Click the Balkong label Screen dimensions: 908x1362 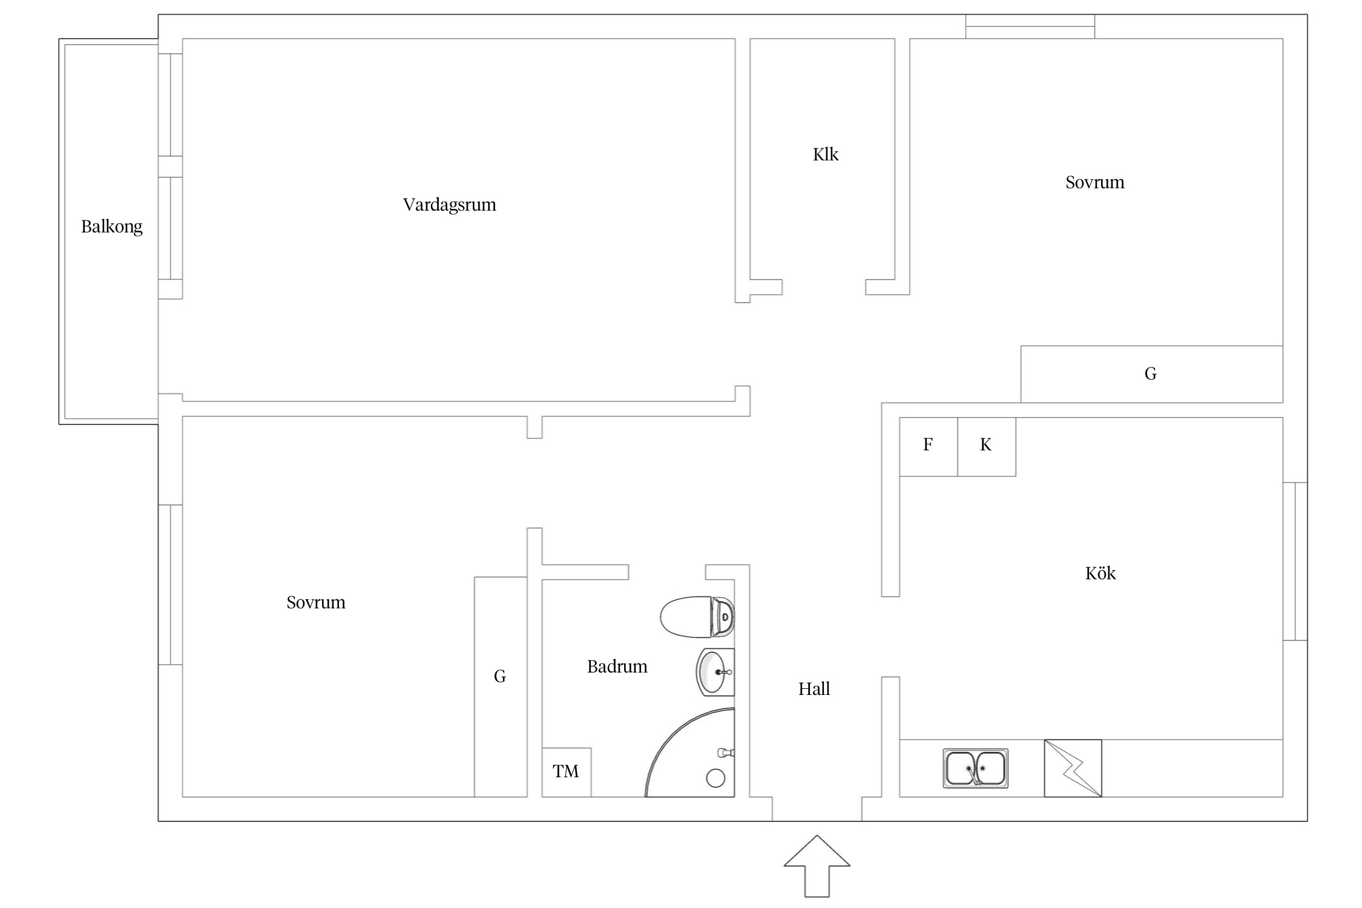[x=112, y=226]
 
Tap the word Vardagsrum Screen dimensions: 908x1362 [x=449, y=205]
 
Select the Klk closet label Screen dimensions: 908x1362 [x=826, y=154]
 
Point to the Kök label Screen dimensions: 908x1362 [x=1100, y=573]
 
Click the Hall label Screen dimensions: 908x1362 [x=814, y=689]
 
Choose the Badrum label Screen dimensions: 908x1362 [x=617, y=666]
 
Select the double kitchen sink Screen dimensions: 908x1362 [x=975, y=768]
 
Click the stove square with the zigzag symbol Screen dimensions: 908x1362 [x=1073, y=768]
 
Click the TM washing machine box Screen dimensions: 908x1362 [x=566, y=772]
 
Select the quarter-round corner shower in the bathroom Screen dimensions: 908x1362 [x=690, y=757]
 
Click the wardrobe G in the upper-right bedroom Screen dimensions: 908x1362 [x=1151, y=374]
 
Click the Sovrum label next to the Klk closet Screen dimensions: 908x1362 [x=1094, y=182]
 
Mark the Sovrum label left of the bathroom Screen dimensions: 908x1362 [x=316, y=602]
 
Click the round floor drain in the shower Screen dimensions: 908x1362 [x=716, y=778]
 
